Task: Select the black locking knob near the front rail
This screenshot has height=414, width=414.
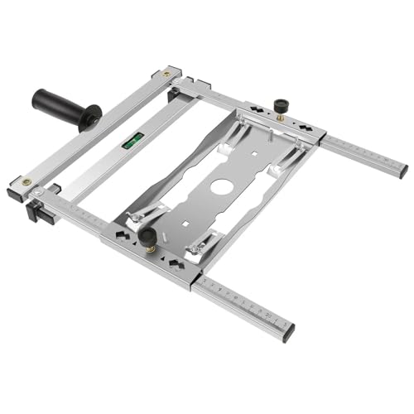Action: (x=148, y=239)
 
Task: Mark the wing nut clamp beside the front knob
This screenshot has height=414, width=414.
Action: (x=132, y=221)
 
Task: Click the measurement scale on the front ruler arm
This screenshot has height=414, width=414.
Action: (x=244, y=302)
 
